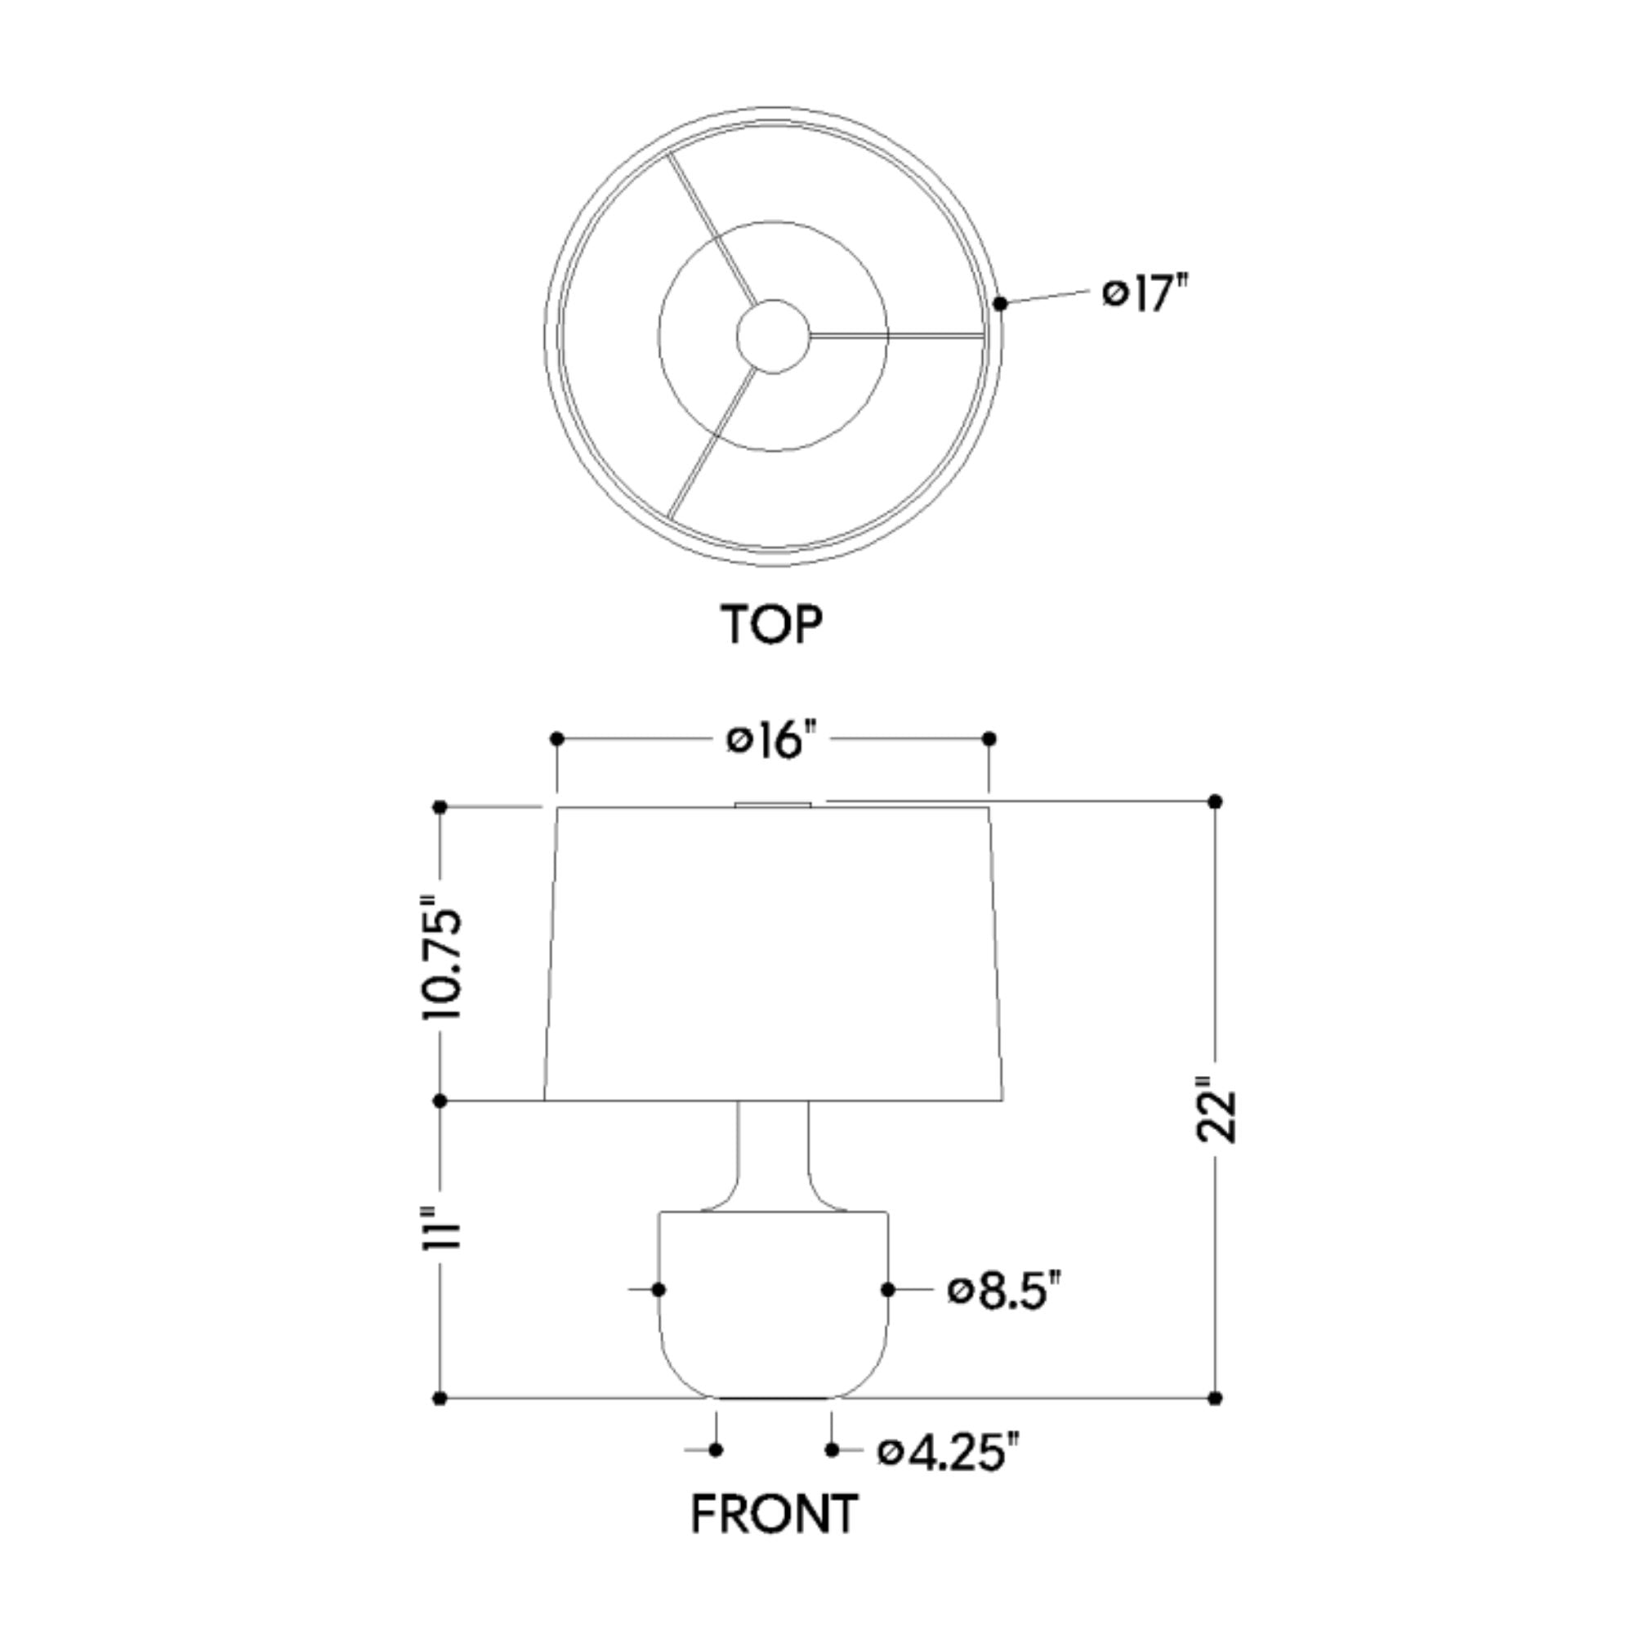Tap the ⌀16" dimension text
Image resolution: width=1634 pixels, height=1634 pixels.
point(772,740)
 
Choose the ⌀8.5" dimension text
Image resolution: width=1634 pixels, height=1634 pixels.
point(1004,1291)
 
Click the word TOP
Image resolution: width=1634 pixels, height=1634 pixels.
point(771,624)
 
